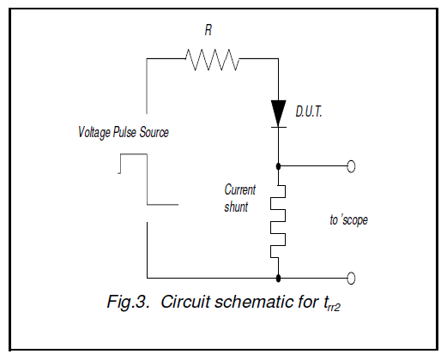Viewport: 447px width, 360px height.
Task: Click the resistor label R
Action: [208, 30]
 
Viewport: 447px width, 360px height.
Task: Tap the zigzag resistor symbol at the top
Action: [212, 59]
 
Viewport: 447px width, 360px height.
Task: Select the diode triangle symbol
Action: [278, 113]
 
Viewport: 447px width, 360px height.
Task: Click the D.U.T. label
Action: [309, 111]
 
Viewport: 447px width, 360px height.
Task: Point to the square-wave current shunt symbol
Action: [278, 221]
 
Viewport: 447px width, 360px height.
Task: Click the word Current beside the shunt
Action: [240, 189]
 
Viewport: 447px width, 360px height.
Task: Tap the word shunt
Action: [236, 207]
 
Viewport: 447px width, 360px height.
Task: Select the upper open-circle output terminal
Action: [351, 166]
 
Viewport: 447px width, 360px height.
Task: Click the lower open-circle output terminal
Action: [351, 278]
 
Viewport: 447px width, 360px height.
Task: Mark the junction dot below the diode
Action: [278, 166]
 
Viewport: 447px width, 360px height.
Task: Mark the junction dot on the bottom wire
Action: [278, 278]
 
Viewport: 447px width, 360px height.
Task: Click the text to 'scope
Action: [349, 220]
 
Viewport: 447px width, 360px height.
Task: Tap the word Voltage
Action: [94, 133]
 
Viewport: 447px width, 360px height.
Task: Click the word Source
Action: [154, 132]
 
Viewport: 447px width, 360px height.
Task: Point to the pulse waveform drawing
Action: [148, 179]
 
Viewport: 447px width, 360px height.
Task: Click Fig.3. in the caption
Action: [129, 302]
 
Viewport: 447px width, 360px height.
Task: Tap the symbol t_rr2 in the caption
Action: [332, 303]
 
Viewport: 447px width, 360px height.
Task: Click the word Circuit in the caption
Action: [186, 302]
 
